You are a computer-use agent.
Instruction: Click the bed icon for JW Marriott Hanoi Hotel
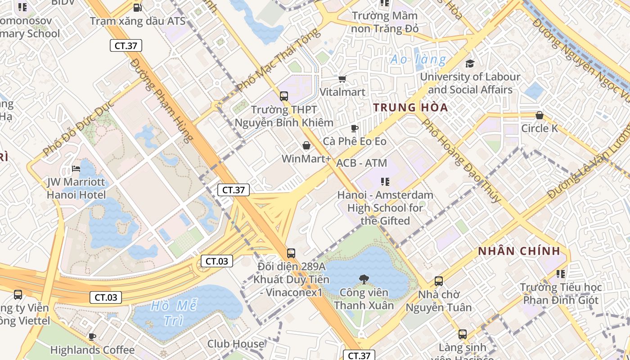click(x=76, y=169)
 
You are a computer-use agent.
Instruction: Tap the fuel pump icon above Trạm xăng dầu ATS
click(x=137, y=8)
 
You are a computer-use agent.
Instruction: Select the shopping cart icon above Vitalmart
click(x=342, y=79)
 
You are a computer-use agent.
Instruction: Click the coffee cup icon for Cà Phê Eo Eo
click(x=355, y=129)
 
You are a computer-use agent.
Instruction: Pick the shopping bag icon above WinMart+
click(x=306, y=145)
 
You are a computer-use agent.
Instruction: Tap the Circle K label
click(x=539, y=128)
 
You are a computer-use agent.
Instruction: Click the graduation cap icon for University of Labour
click(x=470, y=64)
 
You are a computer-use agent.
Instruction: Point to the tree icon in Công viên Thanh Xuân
click(x=364, y=279)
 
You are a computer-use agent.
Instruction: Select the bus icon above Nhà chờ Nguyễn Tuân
click(x=439, y=281)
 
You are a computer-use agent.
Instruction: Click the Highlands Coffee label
click(x=92, y=350)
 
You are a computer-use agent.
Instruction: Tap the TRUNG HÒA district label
click(x=410, y=108)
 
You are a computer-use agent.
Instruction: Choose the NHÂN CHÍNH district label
click(x=519, y=251)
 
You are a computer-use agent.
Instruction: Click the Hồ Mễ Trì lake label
click(x=174, y=313)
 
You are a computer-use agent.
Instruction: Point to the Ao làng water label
click(x=418, y=59)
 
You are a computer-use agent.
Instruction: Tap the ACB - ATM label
click(x=361, y=163)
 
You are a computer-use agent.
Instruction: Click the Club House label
click(x=235, y=344)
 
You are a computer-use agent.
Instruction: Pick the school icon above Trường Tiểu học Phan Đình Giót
click(x=560, y=274)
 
